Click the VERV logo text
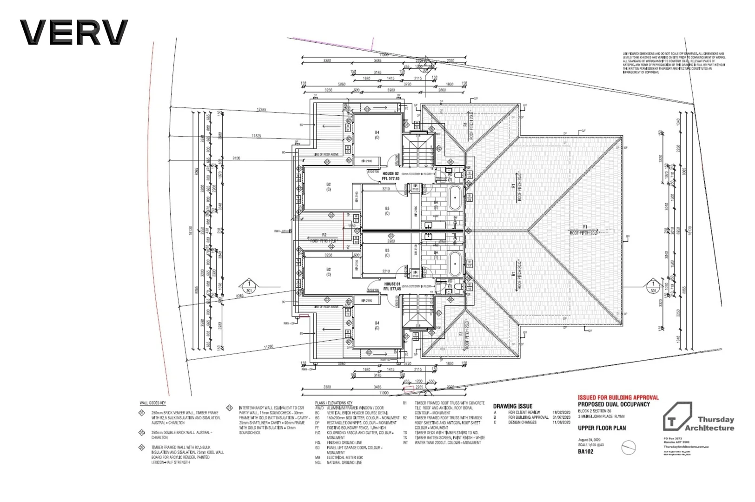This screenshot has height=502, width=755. [73, 33]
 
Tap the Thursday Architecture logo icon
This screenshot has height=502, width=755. [677, 416]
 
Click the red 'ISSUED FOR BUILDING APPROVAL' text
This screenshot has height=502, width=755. [618, 397]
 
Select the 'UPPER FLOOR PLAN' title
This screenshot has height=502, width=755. [602, 428]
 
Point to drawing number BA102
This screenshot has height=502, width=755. [585, 451]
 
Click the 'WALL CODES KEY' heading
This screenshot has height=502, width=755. [152, 403]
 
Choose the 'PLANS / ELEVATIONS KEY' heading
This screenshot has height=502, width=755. [333, 403]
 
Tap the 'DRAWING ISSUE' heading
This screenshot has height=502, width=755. [512, 406]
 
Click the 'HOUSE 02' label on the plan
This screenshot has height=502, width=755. [391, 174]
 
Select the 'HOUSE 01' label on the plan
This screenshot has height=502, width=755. [392, 284]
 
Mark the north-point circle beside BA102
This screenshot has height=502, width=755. [628, 448]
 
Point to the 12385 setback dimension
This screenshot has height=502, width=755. [261, 110]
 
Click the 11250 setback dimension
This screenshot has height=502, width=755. [268, 347]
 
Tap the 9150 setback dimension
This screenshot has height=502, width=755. [236, 159]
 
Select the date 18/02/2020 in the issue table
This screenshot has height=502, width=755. [561, 412]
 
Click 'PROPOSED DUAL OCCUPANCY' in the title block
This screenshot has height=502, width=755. [614, 404]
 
